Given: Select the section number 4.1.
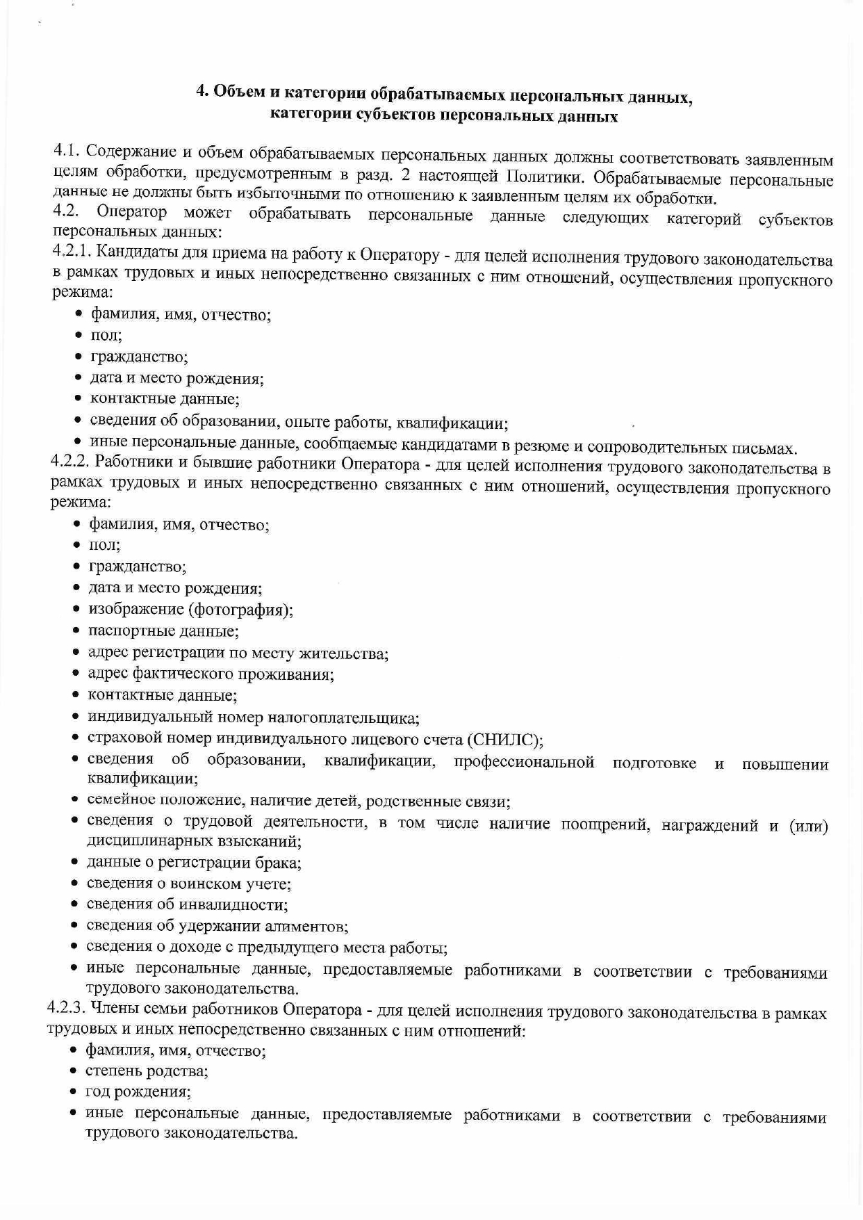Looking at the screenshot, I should pos(67,149).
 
